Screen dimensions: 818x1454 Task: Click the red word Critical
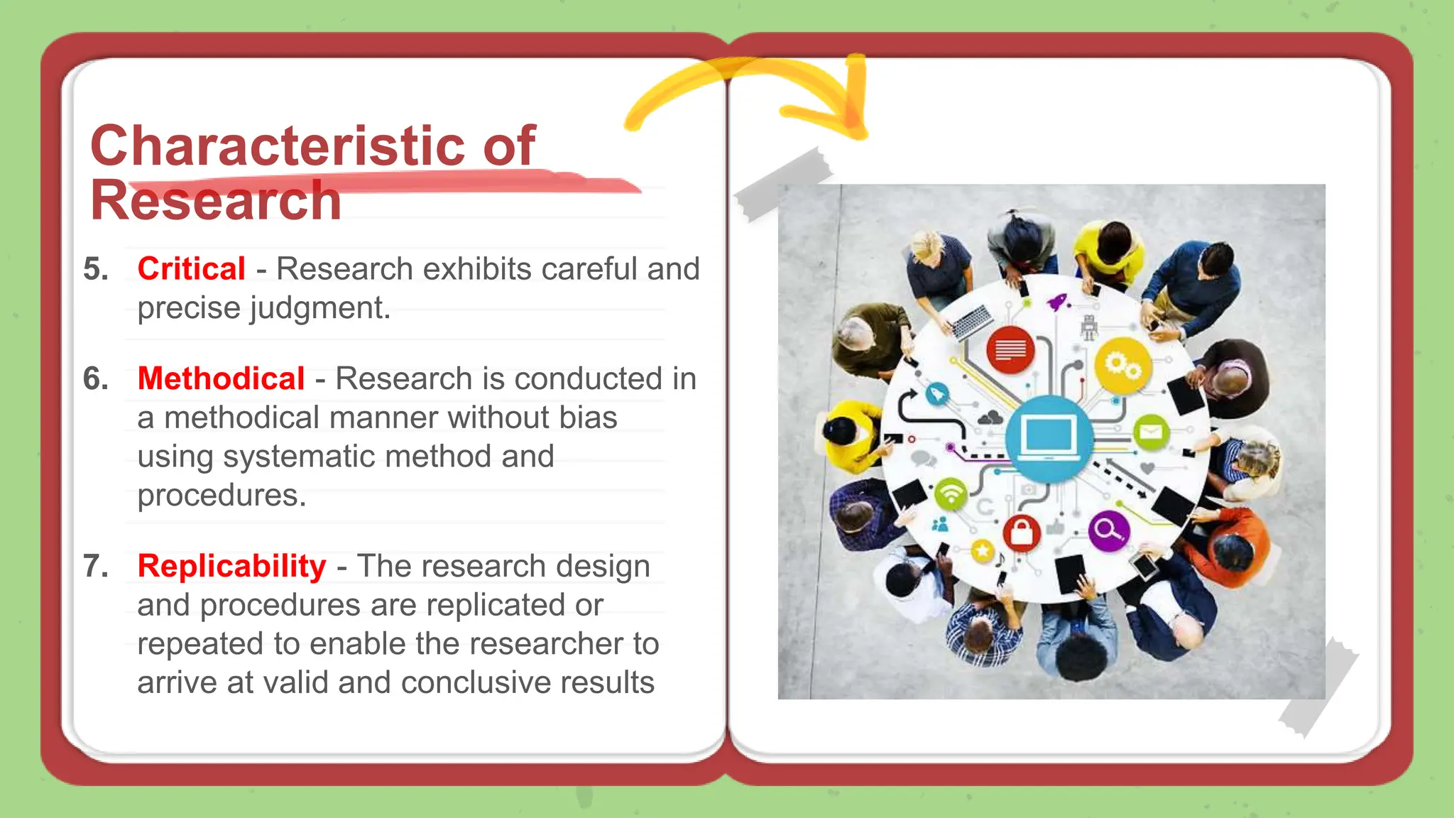point(191,269)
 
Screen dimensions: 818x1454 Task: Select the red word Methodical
point(221,378)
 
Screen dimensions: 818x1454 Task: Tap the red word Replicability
point(231,566)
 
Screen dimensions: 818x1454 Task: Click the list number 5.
point(95,269)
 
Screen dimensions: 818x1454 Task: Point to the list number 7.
point(95,566)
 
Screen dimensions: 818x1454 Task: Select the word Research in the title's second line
point(216,201)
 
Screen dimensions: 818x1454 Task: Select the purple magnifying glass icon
point(1108,530)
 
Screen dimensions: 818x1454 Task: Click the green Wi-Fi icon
point(951,493)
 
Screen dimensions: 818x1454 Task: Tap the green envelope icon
point(1151,432)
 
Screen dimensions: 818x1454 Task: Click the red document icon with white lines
point(1010,349)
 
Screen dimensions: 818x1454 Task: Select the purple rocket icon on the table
point(1058,302)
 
